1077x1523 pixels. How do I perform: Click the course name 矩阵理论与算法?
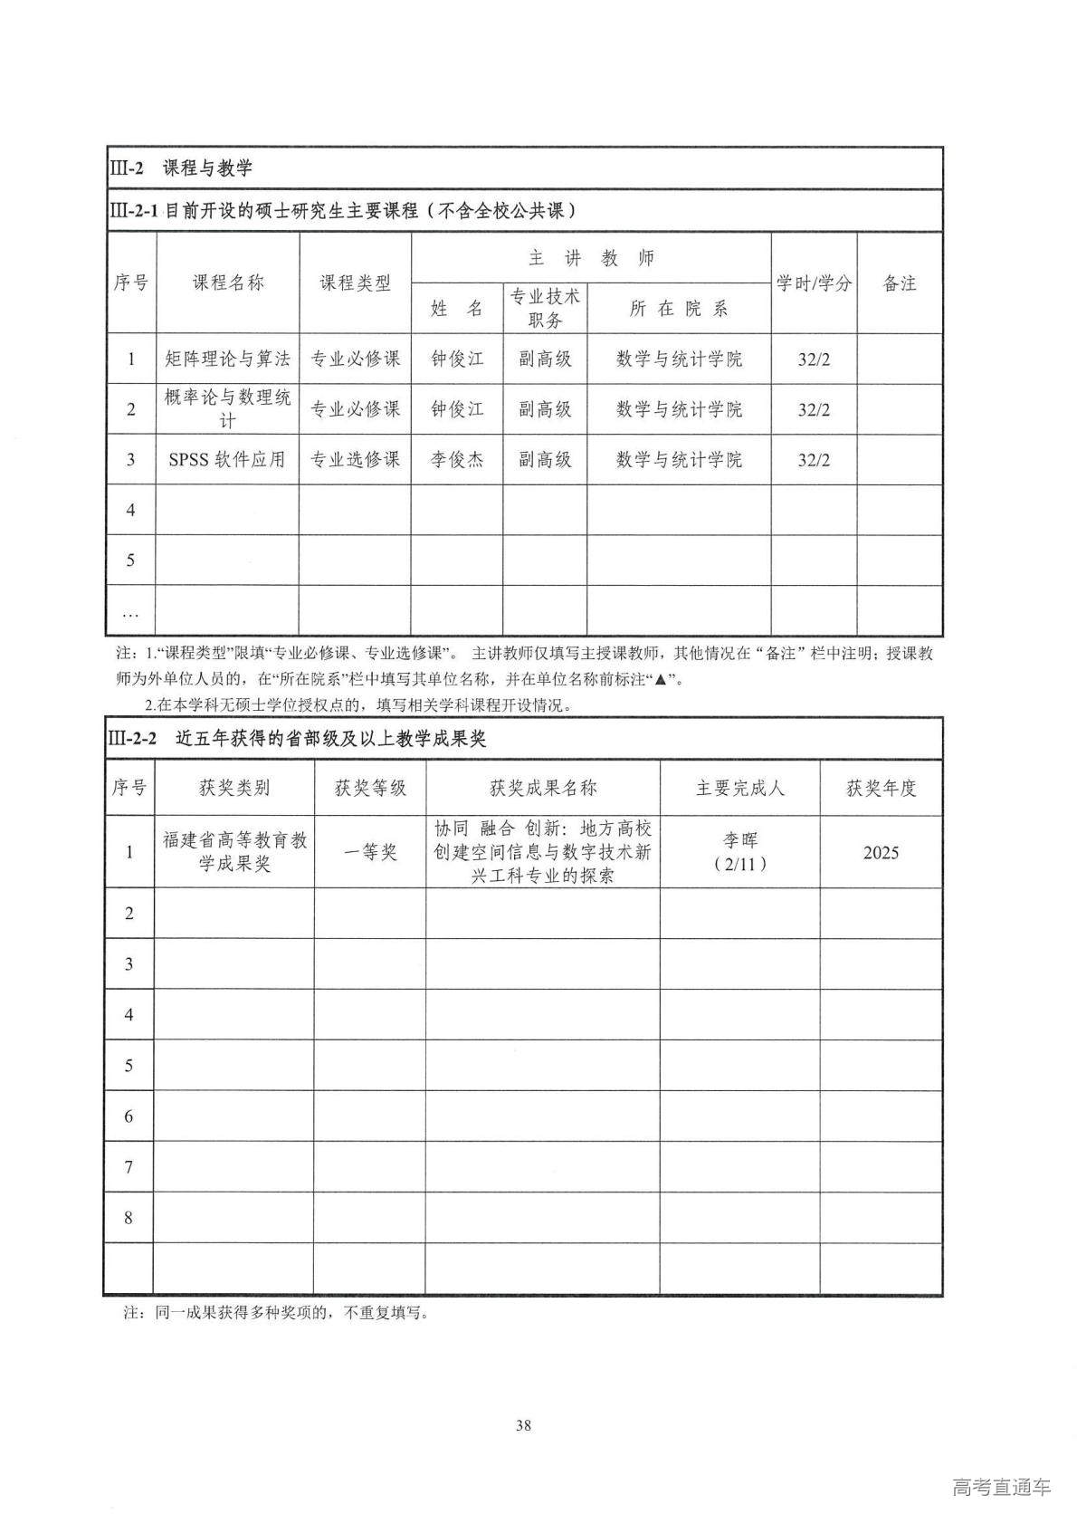(x=227, y=359)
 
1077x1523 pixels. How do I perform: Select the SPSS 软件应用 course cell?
(x=227, y=459)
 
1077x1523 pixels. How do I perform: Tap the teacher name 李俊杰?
(x=457, y=459)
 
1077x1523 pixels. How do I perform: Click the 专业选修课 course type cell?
(x=355, y=459)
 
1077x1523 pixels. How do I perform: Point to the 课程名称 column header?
(x=227, y=283)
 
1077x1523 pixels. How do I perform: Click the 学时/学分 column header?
(x=814, y=283)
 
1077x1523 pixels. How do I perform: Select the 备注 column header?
(x=899, y=283)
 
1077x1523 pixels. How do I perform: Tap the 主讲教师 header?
(x=591, y=258)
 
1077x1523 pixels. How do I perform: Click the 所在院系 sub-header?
(x=679, y=308)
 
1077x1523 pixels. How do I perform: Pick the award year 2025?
(x=881, y=852)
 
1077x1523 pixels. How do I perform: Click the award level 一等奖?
(x=370, y=852)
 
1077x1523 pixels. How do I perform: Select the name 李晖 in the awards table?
(x=740, y=840)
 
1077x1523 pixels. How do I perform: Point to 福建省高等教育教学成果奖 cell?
(x=234, y=852)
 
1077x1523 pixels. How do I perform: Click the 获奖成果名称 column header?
(x=543, y=788)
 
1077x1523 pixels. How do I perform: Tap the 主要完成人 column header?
(x=740, y=788)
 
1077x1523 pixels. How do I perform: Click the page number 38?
(x=523, y=1426)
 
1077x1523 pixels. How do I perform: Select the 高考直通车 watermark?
(x=1001, y=1487)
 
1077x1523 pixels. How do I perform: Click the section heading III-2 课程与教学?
(x=180, y=168)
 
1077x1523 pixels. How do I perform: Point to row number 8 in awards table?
(x=129, y=1218)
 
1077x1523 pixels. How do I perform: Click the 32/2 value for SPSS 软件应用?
(x=814, y=459)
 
